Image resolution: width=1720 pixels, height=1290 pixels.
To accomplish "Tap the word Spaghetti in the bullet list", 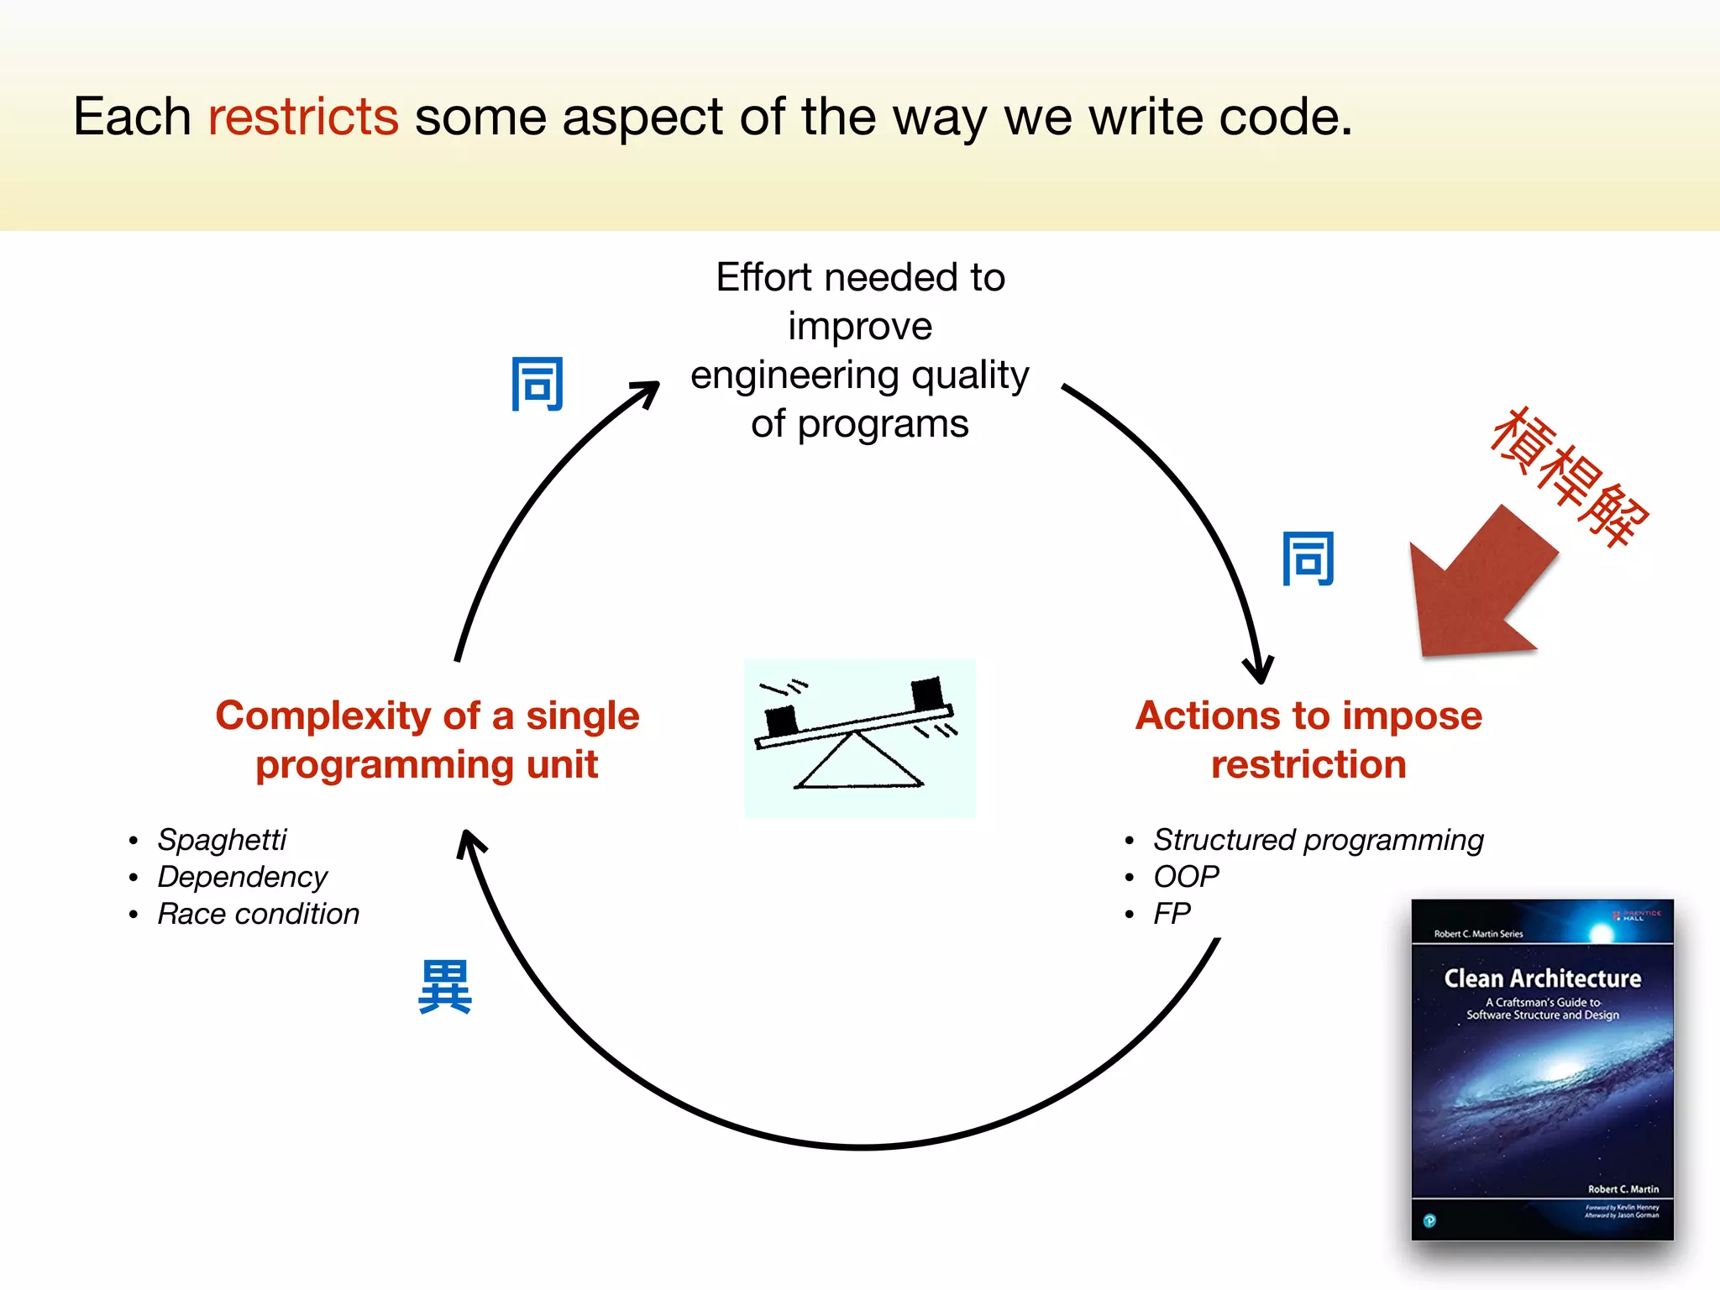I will [x=222, y=839].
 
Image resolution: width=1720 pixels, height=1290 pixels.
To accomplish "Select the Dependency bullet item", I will [x=242, y=876].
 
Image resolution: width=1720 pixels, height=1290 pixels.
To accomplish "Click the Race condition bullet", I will [x=258, y=913].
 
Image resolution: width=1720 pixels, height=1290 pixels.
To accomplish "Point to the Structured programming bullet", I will [x=1318, y=839].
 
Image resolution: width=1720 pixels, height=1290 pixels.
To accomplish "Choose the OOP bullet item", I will [x=1185, y=876].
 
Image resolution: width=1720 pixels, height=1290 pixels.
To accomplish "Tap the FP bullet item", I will [x=1172, y=913].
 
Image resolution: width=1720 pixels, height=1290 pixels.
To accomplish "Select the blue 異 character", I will [x=445, y=987].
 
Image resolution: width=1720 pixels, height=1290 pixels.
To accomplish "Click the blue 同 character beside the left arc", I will [x=537, y=385].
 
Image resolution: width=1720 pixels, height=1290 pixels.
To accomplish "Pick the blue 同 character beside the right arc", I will [x=1308, y=558].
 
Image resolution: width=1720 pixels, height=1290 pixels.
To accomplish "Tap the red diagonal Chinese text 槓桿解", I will [x=1569, y=477].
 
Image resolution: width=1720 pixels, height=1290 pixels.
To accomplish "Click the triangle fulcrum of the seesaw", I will [x=857, y=763].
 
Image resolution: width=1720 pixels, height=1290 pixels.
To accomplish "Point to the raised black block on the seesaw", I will [x=927, y=694].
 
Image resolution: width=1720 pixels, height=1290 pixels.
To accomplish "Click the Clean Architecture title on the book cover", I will [x=1542, y=978].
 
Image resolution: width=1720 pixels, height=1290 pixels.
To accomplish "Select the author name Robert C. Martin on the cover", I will [x=1623, y=1188].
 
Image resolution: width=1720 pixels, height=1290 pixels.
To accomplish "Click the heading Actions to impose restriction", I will [x=1308, y=739].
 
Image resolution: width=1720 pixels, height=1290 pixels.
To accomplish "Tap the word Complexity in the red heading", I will [x=322, y=716].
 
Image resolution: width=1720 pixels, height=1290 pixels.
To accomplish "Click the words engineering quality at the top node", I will [x=859, y=375].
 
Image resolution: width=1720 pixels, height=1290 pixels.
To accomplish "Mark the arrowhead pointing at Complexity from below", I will [x=470, y=842].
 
